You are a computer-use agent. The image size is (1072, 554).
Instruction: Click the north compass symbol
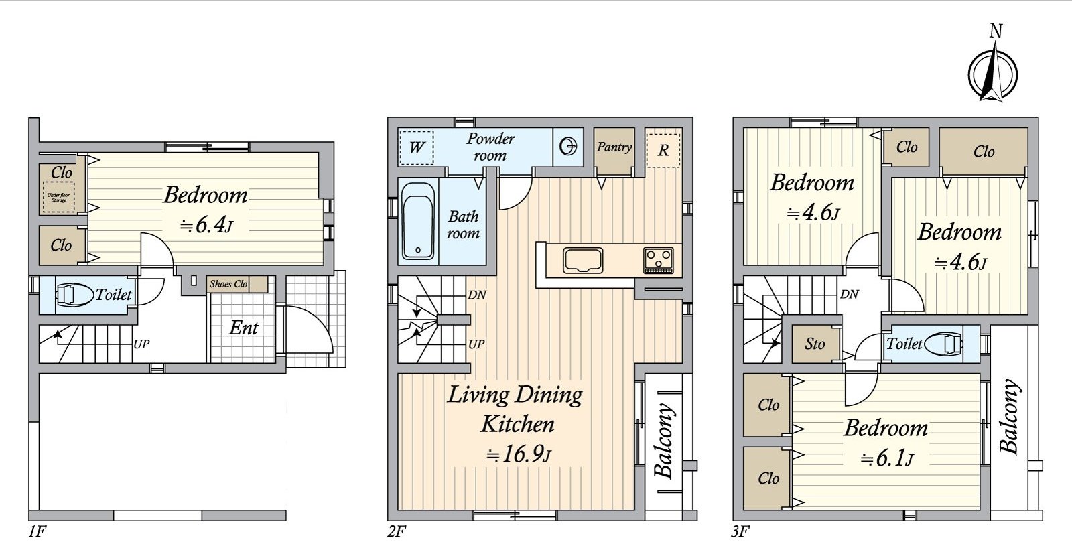point(993,70)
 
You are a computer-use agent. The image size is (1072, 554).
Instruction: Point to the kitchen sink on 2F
point(583,260)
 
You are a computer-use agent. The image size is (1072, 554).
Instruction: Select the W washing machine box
point(416,147)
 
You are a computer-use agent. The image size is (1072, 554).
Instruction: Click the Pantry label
point(614,147)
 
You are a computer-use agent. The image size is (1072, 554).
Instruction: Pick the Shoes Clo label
point(228,284)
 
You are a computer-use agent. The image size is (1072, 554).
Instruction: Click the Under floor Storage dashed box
point(58,197)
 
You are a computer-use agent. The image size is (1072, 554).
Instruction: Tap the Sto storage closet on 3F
point(815,344)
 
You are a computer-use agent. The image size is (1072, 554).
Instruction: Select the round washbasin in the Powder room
point(568,147)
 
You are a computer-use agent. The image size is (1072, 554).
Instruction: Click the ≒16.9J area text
point(517,456)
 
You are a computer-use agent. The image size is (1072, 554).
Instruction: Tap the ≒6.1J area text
point(886,459)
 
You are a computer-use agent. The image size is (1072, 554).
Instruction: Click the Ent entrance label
point(243,328)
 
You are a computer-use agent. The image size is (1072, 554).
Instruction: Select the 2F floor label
point(396,533)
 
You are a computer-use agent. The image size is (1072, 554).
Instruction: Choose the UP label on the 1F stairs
point(141,344)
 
